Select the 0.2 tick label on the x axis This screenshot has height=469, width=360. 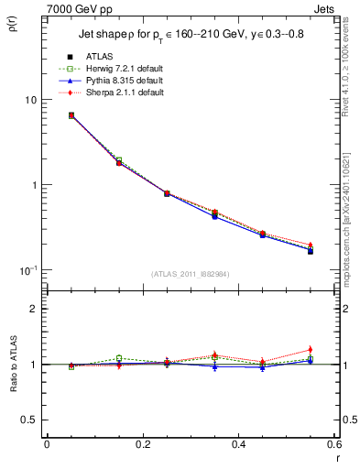click(x=142, y=443)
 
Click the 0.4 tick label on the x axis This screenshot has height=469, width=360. click(x=238, y=443)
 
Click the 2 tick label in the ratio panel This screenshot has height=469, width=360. click(x=34, y=309)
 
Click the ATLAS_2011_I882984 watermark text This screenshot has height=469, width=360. click(x=190, y=273)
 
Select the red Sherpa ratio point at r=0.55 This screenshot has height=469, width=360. click(x=311, y=350)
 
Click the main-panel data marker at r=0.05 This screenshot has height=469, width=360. click(x=71, y=115)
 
